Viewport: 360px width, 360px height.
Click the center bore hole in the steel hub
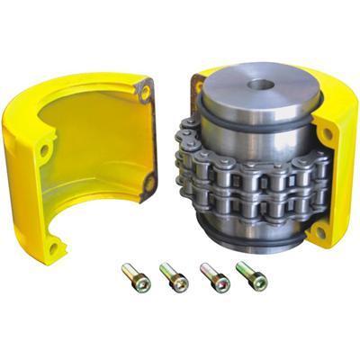click(261, 85)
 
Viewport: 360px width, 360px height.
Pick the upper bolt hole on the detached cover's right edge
click(145, 90)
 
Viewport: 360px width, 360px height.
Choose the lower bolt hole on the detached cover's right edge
click(149, 183)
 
